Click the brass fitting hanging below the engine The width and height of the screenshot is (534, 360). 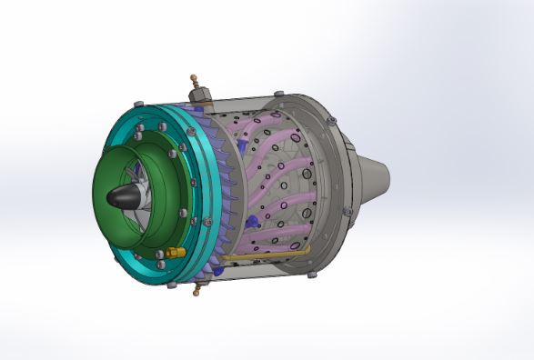pyautogui.click(x=195, y=293)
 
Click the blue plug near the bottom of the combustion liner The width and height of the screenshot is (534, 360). pyautogui.click(x=254, y=222)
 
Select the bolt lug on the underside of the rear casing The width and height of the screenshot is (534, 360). pyautogui.click(x=310, y=270)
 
